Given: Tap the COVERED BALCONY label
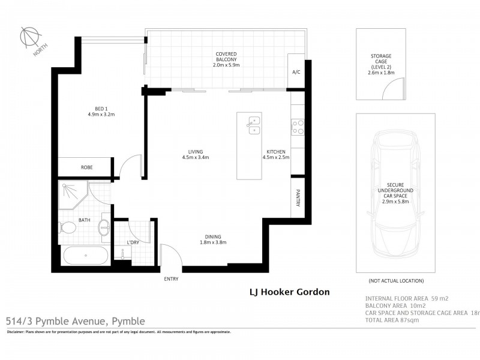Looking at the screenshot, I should point(226,58).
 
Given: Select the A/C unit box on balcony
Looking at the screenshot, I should point(296,72).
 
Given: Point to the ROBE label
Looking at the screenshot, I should point(86,167).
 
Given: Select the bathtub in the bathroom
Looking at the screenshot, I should point(86,256).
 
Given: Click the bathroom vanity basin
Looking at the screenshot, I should point(105,227).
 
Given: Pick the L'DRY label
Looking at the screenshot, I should point(133,242).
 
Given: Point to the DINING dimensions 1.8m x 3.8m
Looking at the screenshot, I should point(213,242).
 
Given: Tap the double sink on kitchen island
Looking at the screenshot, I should point(253,124).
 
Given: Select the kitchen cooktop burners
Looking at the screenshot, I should point(297,126).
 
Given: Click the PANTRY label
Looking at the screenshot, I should point(298,199).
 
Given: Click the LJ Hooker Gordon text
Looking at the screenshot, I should point(289,293).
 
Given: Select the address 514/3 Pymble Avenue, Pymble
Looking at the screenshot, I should point(75,321).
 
